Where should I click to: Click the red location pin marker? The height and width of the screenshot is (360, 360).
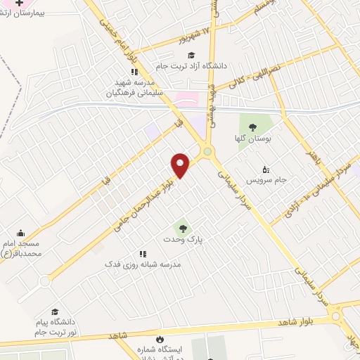[181, 165]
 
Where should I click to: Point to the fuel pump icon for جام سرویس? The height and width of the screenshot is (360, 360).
[265, 169]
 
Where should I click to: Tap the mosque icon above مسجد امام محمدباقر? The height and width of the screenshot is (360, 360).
[20, 233]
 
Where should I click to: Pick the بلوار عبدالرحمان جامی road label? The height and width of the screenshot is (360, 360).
[143, 200]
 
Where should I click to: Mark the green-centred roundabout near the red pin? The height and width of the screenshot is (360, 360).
[207, 151]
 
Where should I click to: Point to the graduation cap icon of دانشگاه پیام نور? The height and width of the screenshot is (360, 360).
[54, 311]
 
